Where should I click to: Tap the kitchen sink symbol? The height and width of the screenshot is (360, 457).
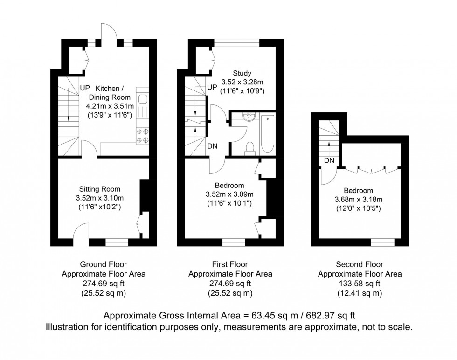(x=143, y=99)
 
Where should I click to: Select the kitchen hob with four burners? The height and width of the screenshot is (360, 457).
(x=142, y=136)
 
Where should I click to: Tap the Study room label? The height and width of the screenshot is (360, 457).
(x=242, y=73)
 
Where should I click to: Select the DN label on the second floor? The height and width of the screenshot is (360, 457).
(x=329, y=160)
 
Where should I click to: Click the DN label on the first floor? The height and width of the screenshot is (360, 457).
(x=212, y=146)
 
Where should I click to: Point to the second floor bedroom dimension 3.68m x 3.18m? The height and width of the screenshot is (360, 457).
(x=358, y=200)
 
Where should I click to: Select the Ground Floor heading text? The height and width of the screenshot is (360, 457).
(x=104, y=265)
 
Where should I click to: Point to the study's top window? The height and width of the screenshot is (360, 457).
(x=236, y=43)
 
